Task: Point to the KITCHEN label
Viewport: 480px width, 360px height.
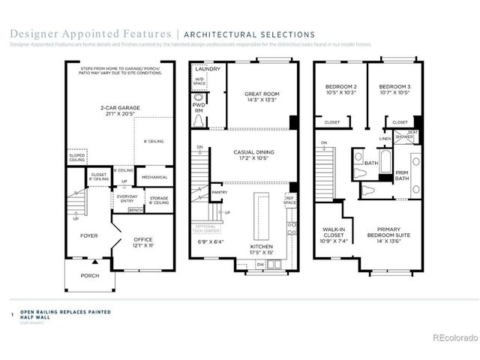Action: (262, 247)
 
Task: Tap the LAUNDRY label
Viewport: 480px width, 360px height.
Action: (207, 69)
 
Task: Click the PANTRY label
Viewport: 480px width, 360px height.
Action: (219, 192)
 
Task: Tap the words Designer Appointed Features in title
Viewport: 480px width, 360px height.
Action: (89, 34)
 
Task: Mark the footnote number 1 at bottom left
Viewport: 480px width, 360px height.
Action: (12, 316)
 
